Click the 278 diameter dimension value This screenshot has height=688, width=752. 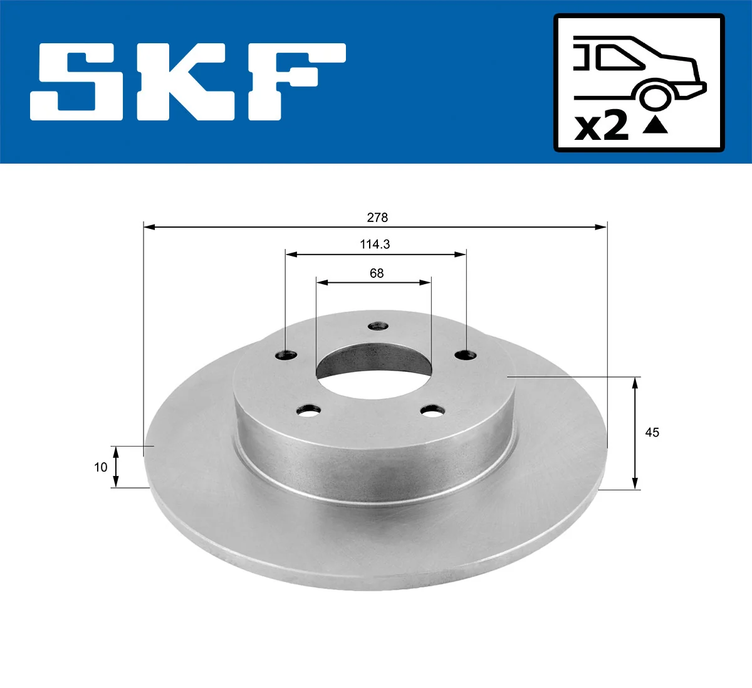(377, 218)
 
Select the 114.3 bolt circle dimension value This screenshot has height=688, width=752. (375, 244)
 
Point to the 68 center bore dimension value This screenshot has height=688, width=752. (377, 273)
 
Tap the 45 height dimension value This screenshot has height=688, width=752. (652, 432)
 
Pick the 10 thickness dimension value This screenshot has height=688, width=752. (100, 467)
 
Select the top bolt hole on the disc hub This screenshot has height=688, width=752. (378, 326)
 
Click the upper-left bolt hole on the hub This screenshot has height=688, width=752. (287, 355)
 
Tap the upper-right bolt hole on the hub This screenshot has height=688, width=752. (466, 354)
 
